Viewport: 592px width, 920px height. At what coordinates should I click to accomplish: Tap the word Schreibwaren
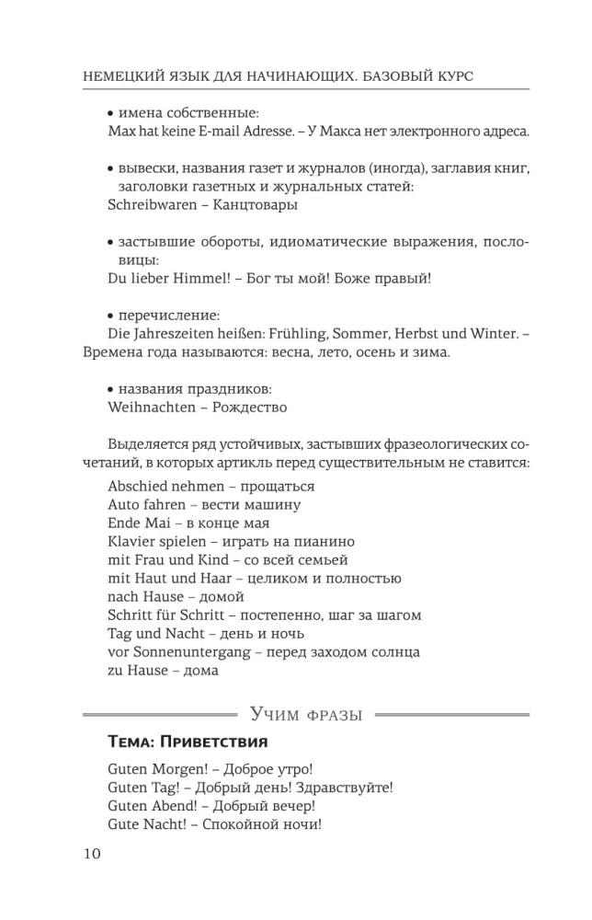tap(151, 205)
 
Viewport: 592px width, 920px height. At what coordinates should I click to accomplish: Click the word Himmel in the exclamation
tap(201, 278)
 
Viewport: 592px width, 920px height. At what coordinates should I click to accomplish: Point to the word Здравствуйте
tap(347, 788)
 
